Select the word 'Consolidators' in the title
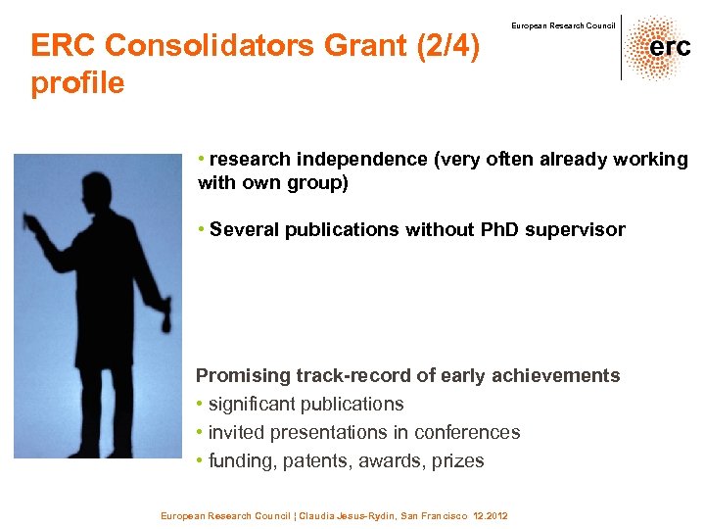coord(184,46)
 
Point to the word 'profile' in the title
coord(77,83)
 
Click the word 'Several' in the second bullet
coord(244,229)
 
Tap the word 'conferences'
coord(467,432)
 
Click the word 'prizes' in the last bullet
coord(457,460)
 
